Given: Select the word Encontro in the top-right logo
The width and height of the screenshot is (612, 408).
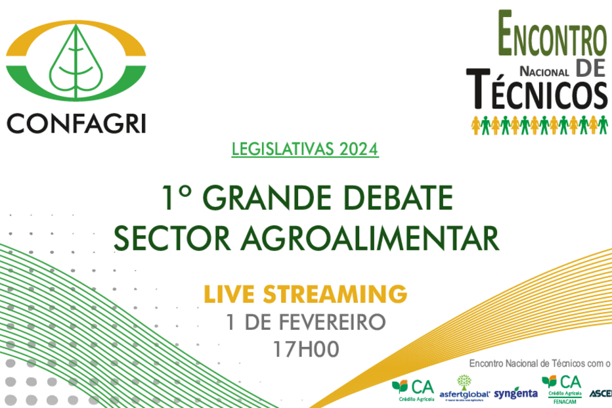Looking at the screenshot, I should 552,36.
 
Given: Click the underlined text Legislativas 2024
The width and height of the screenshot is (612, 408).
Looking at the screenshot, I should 305,149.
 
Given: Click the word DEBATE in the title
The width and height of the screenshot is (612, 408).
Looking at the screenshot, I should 401,198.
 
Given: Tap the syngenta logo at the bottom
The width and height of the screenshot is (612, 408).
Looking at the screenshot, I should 515,393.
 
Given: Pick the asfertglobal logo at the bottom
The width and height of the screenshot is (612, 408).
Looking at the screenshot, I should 465,388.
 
